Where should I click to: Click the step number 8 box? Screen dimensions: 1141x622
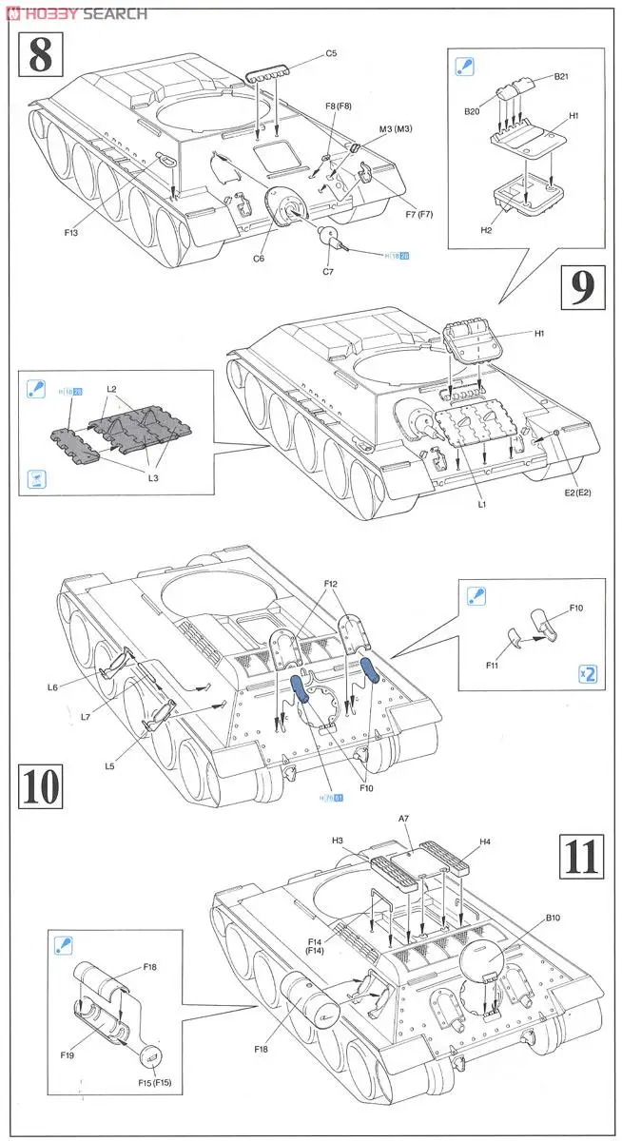tap(40, 54)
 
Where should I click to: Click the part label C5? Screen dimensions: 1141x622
tap(331, 53)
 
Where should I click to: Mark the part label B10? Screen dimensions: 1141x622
tap(554, 919)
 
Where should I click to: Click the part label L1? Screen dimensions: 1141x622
tap(482, 505)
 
